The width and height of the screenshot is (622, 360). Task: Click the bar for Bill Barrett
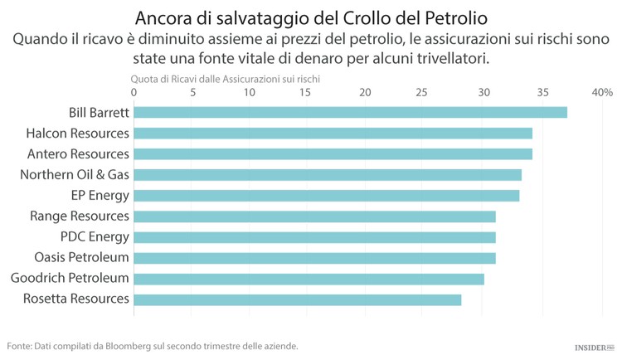tap(350, 112)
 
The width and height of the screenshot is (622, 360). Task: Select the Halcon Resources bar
tap(333, 133)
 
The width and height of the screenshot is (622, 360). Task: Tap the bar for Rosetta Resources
tap(297, 299)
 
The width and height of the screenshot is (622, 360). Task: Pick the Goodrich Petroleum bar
tap(309, 278)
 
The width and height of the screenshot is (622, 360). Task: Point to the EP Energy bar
tap(326, 195)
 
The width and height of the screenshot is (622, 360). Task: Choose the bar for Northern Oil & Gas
tap(328, 174)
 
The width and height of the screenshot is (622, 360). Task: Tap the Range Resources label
tap(80, 216)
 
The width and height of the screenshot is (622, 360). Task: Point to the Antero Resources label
tap(78, 153)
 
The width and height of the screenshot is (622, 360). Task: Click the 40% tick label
tap(601, 92)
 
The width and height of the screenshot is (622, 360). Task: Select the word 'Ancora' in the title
tap(164, 17)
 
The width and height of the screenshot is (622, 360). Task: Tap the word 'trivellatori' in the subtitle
tap(449, 58)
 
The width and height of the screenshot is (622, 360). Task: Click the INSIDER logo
tap(594, 348)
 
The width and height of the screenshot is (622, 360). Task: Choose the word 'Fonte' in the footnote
tap(21, 346)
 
